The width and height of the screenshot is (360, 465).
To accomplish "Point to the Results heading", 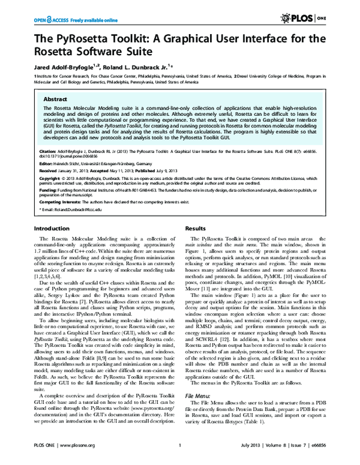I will point(196,229).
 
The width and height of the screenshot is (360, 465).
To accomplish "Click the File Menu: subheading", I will point(199,413).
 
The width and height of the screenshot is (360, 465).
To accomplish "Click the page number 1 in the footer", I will point(180,454).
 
